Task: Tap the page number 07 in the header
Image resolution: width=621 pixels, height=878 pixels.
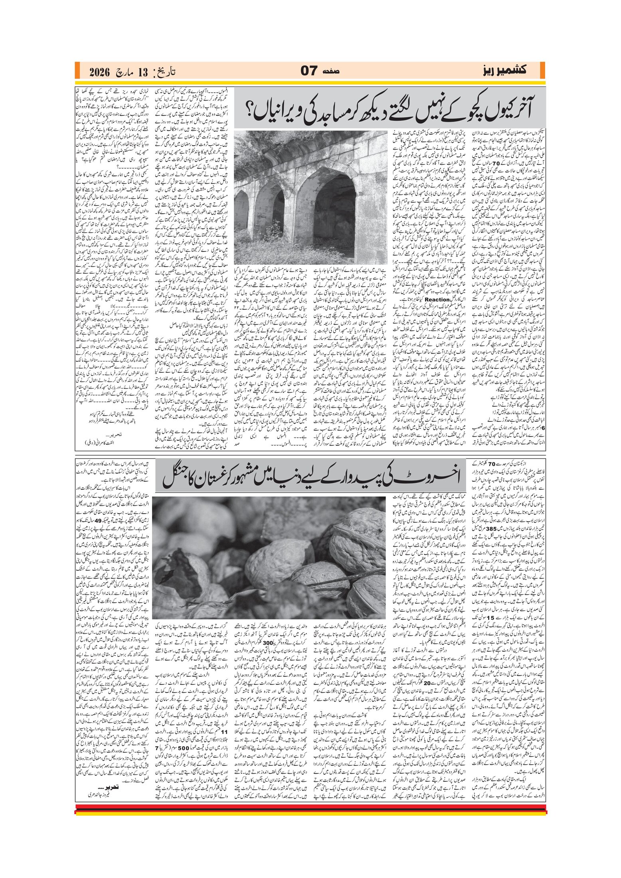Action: point(309,71)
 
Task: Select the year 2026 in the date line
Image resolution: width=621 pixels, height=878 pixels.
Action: point(99,72)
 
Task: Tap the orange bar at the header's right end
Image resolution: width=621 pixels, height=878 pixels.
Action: point(542,71)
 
